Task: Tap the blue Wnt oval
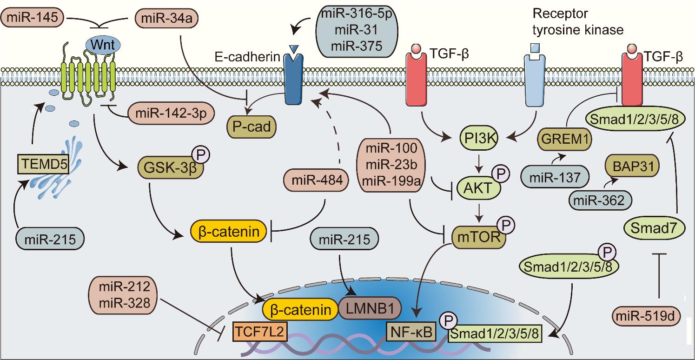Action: [x=103, y=45]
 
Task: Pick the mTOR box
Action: [x=476, y=237]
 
